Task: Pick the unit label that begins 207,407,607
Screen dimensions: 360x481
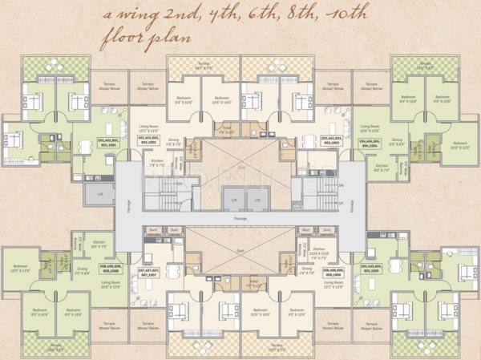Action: coord(148,273)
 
